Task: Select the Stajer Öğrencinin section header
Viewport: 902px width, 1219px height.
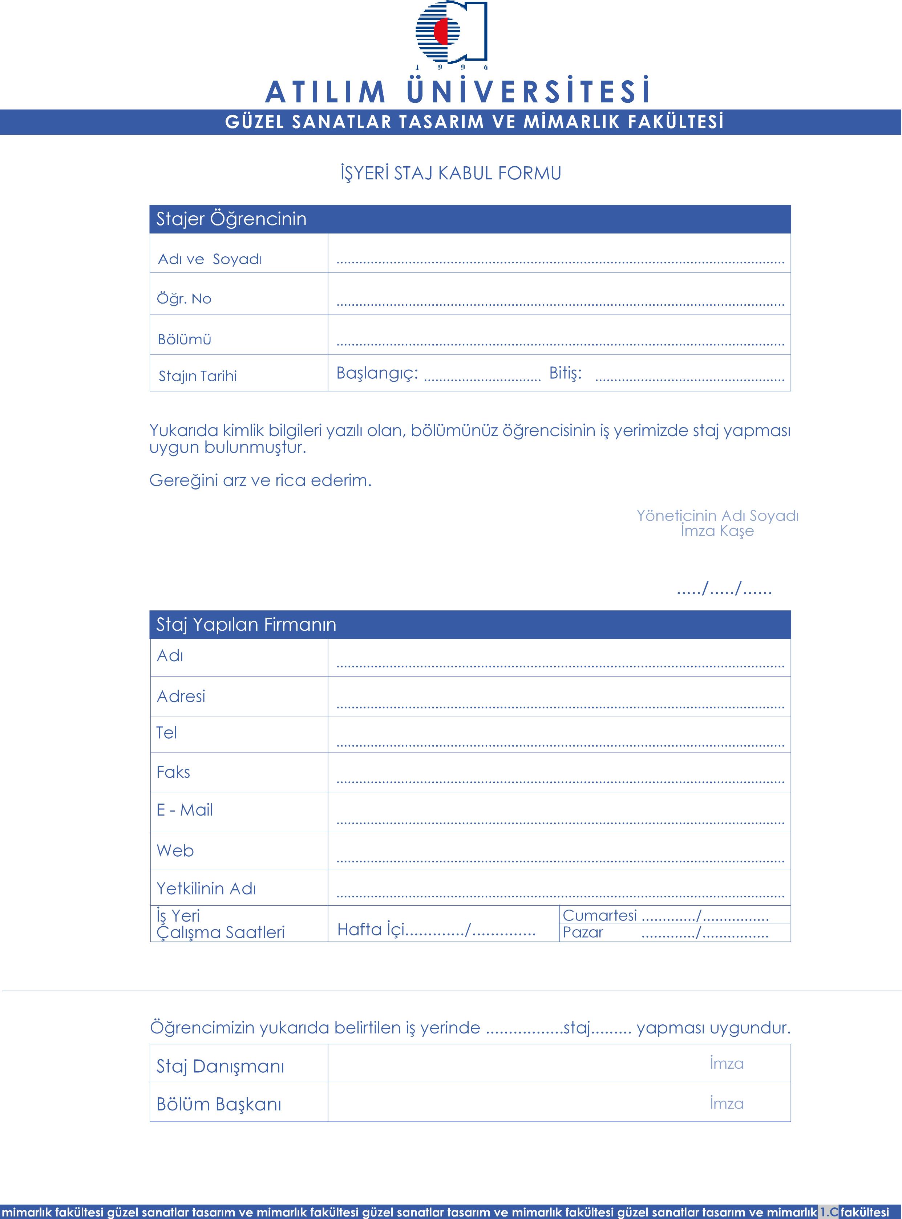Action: tap(231, 219)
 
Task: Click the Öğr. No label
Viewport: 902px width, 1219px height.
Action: tap(184, 299)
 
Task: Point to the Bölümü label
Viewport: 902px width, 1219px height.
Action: tap(185, 340)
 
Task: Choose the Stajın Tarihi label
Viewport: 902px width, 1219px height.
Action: tap(198, 376)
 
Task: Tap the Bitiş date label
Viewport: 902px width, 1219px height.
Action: tap(565, 373)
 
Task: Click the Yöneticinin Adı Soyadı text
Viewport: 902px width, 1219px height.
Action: tap(717, 516)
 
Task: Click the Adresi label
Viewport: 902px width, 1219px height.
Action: tap(181, 697)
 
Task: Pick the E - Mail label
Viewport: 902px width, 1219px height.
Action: tap(185, 810)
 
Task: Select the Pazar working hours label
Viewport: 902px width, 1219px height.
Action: tap(583, 932)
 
